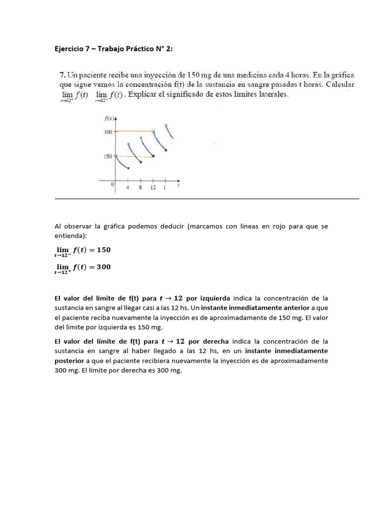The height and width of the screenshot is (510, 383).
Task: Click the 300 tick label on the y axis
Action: click(x=107, y=131)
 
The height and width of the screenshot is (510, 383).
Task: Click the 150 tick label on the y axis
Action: click(x=107, y=156)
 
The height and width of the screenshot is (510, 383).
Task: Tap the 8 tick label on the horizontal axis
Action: click(x=141, y=187)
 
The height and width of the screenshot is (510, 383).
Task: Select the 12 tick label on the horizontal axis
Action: click(x=153, y=187)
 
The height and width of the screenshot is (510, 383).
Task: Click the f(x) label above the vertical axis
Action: click(x=109, y=118)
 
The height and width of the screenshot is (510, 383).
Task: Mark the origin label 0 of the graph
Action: click(x=112, y=185)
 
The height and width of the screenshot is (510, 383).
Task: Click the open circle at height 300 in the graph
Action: click(x=154, y=131)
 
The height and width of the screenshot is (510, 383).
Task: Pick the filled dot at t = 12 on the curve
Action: click(x=153, y=156)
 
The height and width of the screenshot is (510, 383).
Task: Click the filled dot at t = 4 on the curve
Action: click(x=128, y=168)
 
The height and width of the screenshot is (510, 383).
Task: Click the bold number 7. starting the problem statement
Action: click(x=62, y=75)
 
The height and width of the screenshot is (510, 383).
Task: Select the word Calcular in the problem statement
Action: click(x=339, y=85)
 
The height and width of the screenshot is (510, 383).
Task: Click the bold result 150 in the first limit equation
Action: click(x=103, y=250)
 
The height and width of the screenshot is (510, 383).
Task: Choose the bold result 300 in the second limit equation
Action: click(x=103, y=267)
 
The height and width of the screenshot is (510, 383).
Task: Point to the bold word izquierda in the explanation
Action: click(x=215, y=298)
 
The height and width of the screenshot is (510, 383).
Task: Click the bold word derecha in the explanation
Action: click(x=215, y=342)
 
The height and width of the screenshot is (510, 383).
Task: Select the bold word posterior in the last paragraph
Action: click(x=70, y=361)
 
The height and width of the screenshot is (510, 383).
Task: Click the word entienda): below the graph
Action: click(x=71, y=236)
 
